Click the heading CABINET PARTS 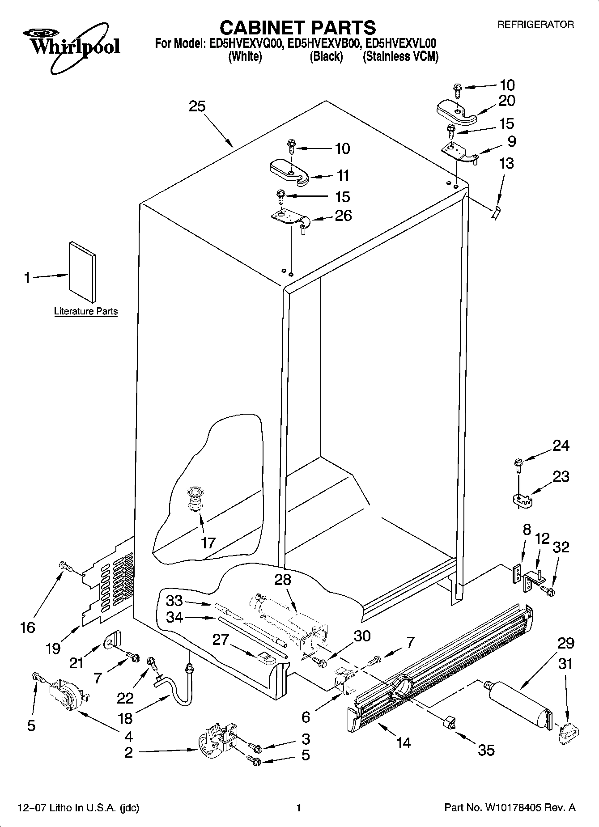[297, 28]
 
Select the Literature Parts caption [86, 311]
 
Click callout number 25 [197, 106]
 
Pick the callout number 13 [506, 163]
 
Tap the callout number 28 [283, 580]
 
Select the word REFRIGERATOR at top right [535, 25]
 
